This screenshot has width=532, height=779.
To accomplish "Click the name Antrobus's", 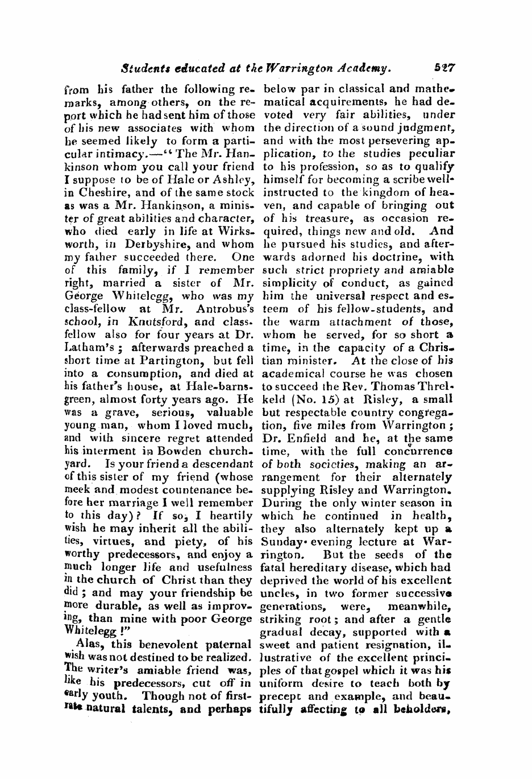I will tap(225, 308).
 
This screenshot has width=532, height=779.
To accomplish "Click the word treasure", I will tap(316, 218).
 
